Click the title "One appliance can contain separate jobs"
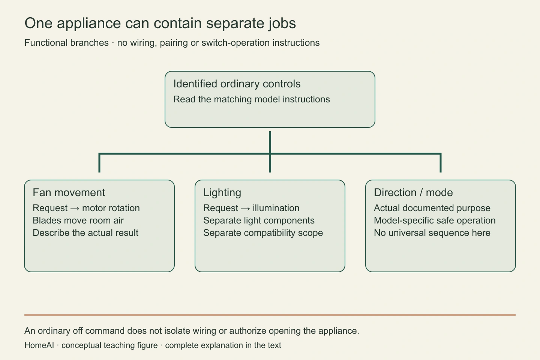[x=160, y=23]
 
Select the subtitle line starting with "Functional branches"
[x=172, y=43]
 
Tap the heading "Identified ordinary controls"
[x=237, y=84]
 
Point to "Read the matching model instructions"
[x=251, y=99]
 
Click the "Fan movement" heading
[x=69, y=192]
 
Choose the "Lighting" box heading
[x=222, y=193]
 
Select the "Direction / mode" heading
[x=413, y=192]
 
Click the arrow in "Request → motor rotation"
[x=75, y=208]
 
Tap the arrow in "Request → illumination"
[x=245, y=208]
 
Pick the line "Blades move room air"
[x=78, y=220]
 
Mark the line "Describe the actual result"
[x=85, y=232]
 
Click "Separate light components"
[x=259, y=220]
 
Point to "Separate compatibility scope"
[x=263, y=233]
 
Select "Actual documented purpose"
[x=432, y=208]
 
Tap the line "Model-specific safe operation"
[x=435, y=220]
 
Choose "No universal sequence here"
[x=432, y=233]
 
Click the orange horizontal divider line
[x=270, y=315]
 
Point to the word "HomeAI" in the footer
[x=39, y=345]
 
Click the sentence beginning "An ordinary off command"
[x=192, y=331]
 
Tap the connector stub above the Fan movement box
[x=99, y=163]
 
